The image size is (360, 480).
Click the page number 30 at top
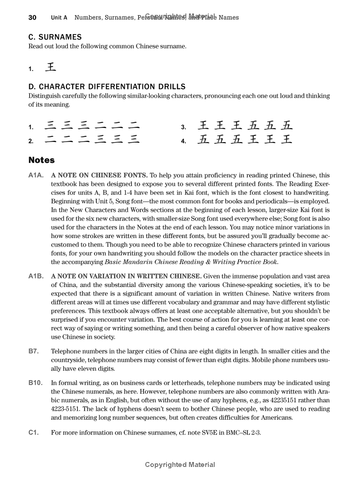tap(32, 18)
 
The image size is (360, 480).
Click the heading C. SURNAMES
tap(55, 37)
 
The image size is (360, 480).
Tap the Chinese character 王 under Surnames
tap(51, 68)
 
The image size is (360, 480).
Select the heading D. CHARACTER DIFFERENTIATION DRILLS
tap(107, 86)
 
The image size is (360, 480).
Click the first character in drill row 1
tap(51, 126)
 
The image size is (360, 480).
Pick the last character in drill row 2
tap(133, 139)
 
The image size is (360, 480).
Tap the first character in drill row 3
tap(203, 126)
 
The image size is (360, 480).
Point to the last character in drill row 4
tap(286, 139)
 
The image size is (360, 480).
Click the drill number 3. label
tap(184, 128)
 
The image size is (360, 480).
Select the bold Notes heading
tap(41, 160)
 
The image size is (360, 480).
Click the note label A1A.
tap(36, 175)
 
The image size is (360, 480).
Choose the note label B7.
tap(33, 351)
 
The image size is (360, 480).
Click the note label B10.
tap(36, 383)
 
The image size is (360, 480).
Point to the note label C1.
tap(33, 432)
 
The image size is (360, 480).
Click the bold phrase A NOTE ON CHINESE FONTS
tap(99, 175)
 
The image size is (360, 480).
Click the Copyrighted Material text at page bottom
tap(180, 465)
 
